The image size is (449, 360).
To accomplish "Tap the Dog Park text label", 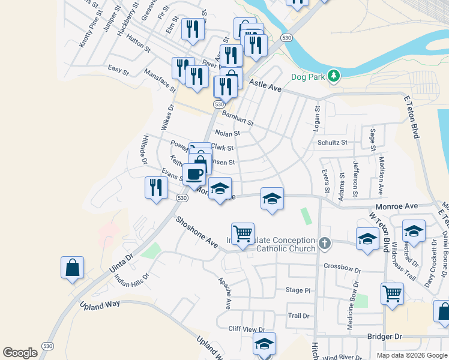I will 307,76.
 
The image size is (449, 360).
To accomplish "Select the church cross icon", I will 325,243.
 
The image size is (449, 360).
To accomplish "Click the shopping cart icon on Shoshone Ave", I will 243,233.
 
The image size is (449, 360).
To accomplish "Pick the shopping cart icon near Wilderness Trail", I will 392,294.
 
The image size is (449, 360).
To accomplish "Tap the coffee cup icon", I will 194,174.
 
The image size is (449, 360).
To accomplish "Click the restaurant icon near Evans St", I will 156,187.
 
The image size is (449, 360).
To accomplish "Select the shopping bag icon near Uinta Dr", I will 72,268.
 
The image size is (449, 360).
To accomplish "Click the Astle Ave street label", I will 265,86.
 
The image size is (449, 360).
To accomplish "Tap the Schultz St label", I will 333,142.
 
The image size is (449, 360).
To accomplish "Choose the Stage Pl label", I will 298,290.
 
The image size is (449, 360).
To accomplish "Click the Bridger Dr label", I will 385,337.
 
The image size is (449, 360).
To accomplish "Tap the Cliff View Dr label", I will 246,329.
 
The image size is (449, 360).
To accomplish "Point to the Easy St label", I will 118,70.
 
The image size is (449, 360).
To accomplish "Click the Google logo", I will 20,353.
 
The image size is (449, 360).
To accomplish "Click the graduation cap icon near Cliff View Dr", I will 264,344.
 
